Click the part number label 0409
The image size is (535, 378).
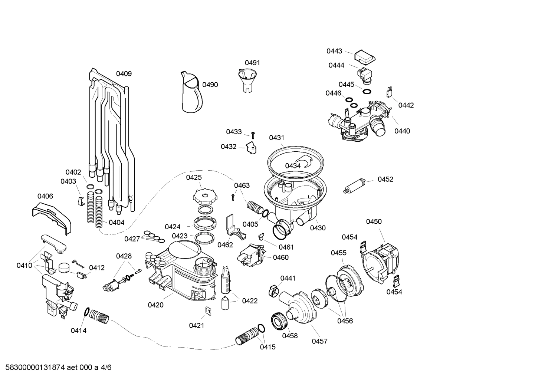(124, 74)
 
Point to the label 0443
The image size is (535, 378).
(334, 51)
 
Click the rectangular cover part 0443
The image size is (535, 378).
(365, 57)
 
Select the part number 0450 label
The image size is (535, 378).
(374, 222)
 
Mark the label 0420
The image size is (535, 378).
(155, 305)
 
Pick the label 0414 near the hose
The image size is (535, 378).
(79, 331)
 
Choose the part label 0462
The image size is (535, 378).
(225, 245)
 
